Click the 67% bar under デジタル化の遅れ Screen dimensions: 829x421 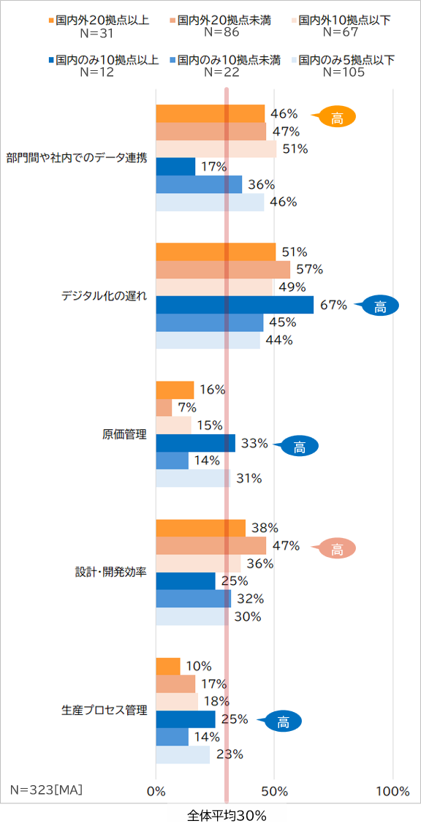(235, 305)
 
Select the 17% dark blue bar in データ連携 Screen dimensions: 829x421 (176, 167)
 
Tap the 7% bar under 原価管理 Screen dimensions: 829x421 (164, 407)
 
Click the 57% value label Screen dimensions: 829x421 (309, 269)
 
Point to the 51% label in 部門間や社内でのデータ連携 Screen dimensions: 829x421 (295, 149)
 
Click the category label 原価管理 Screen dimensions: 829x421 (124, 434)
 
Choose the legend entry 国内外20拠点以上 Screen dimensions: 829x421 (102, 20)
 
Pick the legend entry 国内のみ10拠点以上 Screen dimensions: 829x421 (102, 60)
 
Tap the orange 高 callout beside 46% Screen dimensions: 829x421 (336, 117)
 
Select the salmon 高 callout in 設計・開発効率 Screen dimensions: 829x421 (336, 548)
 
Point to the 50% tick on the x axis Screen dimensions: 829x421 (274, 791)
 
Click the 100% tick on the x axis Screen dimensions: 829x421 (392, 791)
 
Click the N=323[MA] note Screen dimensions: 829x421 (46, 790)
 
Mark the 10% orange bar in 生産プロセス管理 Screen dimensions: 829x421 (168, 666)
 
